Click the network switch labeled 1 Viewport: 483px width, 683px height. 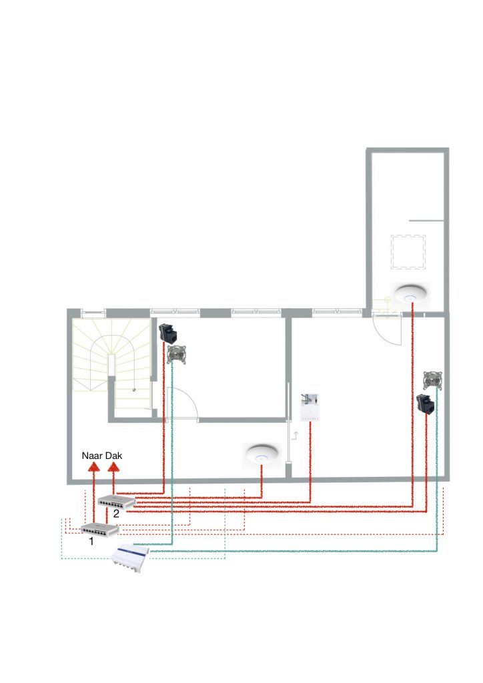tap(99, 530)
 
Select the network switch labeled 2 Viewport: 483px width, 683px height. tap(117, 501)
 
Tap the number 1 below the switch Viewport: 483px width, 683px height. tap(91, 542)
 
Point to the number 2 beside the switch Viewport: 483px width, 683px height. tap(117, 514)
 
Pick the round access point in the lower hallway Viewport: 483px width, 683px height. tap(261, 455)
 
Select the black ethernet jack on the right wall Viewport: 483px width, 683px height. tap(425, 404)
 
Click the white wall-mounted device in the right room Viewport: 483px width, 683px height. tap(311, 406)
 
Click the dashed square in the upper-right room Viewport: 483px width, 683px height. tap(408, 251)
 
